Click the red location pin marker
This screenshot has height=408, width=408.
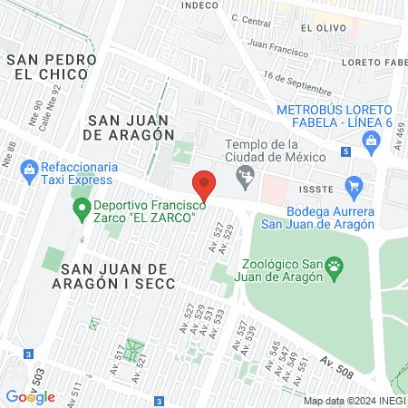tap(205, 185)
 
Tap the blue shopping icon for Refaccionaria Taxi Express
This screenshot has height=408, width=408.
tap(29, 168)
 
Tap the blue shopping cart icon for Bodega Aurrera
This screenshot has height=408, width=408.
tap(355, 185)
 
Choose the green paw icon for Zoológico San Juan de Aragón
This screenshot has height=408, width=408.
tap(335, 266)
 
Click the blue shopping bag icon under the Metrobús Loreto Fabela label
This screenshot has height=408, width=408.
tap(370, 141)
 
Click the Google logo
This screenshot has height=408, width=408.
tap(30, 396)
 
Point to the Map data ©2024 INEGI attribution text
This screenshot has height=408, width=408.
tap(354, 401)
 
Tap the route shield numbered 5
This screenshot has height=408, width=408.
tap(345, 152)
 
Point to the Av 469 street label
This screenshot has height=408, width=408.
tap(400, 139)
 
